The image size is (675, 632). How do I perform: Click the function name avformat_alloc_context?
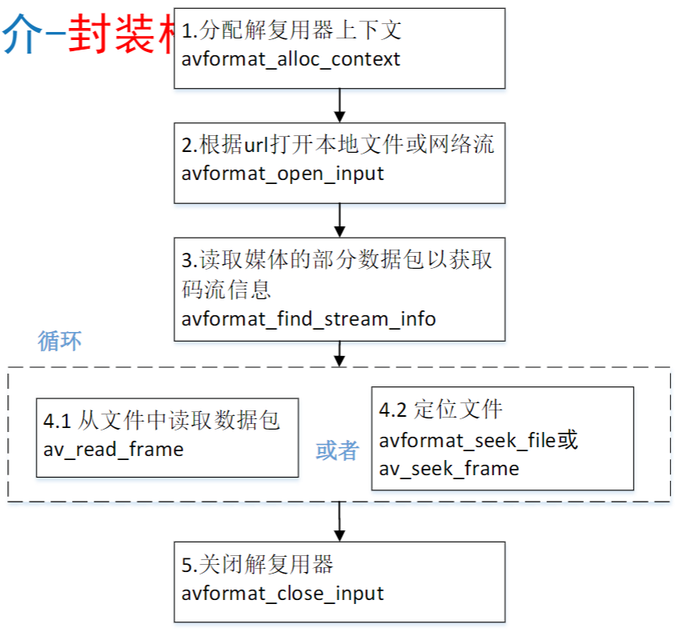[x=291, y=59]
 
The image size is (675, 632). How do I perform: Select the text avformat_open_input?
[x=283, y=173]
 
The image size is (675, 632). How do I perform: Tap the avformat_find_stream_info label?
[x=308, y=318]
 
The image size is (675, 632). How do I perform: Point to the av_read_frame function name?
[x=113, y=449]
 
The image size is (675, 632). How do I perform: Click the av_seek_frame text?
[x=448, y=468]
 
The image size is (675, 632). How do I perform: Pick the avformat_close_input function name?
[x=283, y=594]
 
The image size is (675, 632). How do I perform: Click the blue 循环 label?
[x=60, y=341]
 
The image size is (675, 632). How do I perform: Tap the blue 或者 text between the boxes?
[x=336, y=451]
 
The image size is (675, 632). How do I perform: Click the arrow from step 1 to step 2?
[x=340, y=104]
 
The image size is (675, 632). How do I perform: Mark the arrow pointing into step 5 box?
[x=340, y=522]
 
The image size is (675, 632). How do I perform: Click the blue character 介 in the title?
[x=21, y=36]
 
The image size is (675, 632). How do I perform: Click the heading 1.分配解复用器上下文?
[x=291, y=31]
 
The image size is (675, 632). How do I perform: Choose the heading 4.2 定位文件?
[x=440, y=410]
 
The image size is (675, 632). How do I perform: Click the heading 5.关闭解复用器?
[x=257, y=565]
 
